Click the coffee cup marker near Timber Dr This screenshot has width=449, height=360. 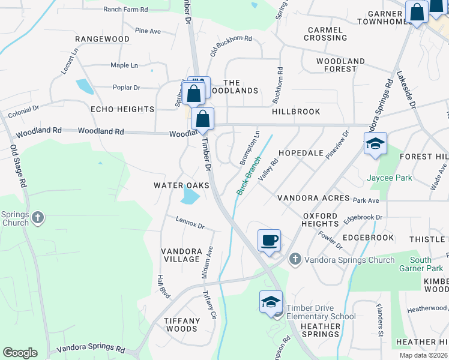269,240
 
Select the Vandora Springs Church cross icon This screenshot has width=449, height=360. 294,260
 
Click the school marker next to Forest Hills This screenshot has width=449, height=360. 375,144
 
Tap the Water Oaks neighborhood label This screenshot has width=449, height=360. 181,185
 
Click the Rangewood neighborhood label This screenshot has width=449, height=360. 102,39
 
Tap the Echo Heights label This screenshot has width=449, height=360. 122,109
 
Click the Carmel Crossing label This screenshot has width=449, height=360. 325,34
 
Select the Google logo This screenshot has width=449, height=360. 20,353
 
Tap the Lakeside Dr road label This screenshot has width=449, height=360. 406,89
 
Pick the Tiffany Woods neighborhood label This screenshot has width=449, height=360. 182,325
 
